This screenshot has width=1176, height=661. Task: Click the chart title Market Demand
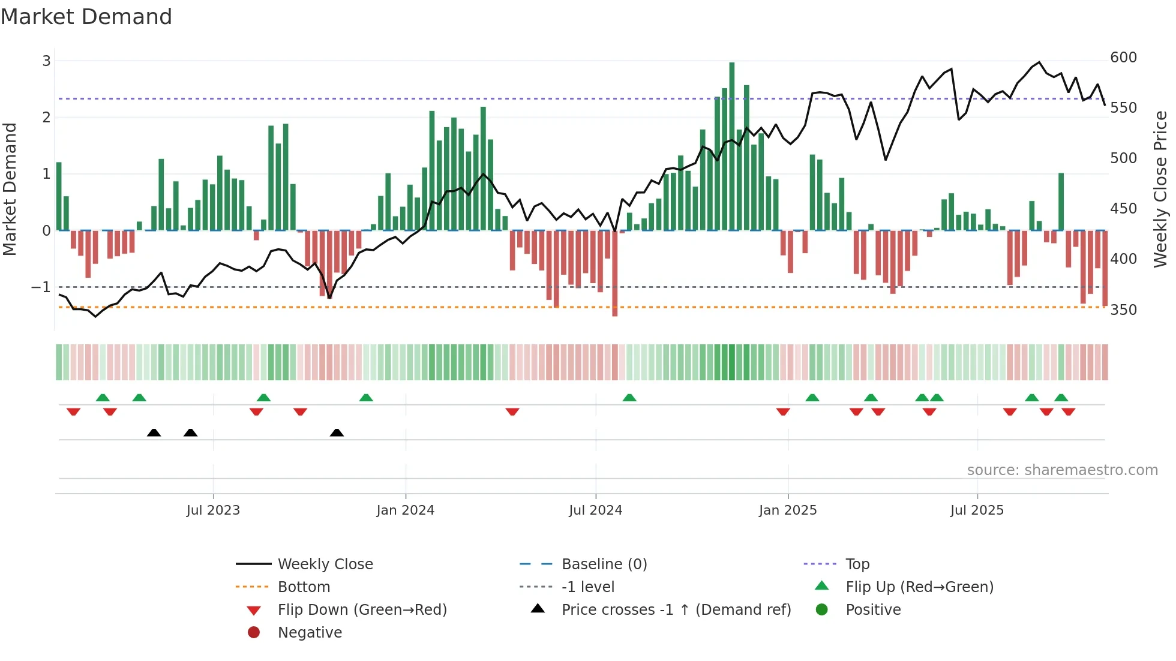[x=86, y=17]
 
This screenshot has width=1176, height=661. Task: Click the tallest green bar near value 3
[x=731, y=144]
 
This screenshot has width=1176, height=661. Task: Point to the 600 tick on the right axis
[x=1123, y=58]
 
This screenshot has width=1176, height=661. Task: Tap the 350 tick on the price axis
[x=1123, y=310]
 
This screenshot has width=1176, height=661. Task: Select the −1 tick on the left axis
[x=41, y=287]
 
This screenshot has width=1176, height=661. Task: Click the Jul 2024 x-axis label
[x=595, y=510]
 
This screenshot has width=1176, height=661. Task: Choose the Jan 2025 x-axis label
[x=787, y=510]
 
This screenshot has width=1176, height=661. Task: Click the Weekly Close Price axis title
[x=1160, y=189]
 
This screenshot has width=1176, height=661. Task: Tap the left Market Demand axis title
[x=10, y=189]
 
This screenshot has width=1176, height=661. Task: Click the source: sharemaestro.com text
[x=1062, y=470]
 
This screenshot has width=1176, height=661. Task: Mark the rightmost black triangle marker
[x=337, y=432]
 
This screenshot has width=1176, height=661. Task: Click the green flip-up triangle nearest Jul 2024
[x=629, y=398]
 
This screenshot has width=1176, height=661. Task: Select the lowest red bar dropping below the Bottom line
[x=614, y=276]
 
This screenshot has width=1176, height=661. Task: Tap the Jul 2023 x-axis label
[x=213, y=510]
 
